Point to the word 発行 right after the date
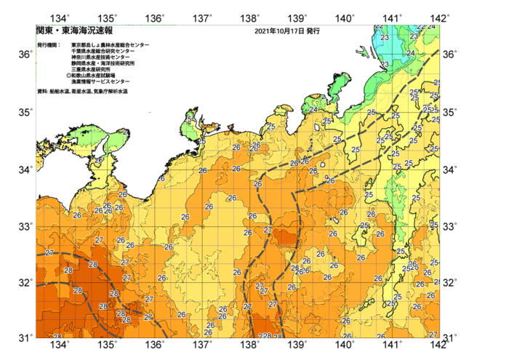click(x=313, y=32)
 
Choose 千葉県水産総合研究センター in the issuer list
click(x=103, y=52)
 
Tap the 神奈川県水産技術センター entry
click(x=103, y=57)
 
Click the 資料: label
click(x=42, y=92)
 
